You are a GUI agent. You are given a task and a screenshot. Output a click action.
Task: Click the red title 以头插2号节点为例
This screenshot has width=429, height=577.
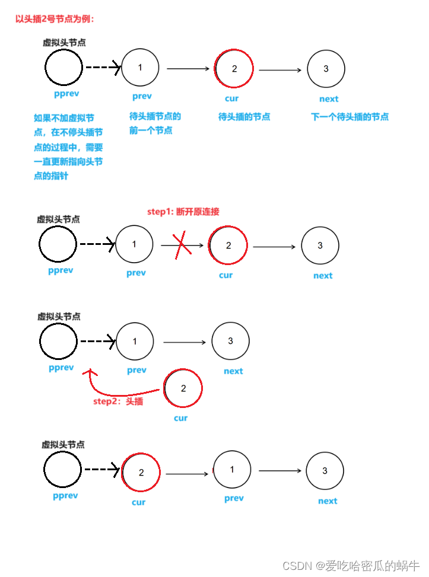point(55,19)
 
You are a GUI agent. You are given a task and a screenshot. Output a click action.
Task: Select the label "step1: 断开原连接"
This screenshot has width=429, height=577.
point(183,212)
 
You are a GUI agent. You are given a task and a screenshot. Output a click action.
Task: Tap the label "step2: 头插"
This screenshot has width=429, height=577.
point(118,401)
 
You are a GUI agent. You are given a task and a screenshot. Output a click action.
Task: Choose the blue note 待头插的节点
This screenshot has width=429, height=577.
point(244,117)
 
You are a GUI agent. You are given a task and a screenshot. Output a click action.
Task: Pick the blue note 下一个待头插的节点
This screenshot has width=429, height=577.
point(349,117)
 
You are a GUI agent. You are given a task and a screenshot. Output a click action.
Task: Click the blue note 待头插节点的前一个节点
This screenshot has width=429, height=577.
point(155,123)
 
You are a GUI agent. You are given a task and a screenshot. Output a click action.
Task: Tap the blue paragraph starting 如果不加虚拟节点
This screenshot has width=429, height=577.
point(68,147)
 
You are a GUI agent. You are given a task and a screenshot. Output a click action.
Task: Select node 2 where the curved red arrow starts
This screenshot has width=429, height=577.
point(183,388)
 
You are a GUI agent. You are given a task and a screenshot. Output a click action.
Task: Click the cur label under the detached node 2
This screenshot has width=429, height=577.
point(181,418)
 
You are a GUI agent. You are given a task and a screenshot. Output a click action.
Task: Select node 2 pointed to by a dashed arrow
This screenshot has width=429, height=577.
point(141,473)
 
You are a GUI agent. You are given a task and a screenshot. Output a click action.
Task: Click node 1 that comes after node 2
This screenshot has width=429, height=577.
point(232,470)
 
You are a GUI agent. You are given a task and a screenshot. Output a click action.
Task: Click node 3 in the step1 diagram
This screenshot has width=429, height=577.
point(320,245)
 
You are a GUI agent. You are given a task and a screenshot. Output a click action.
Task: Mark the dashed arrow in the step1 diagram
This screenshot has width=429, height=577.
point(97,244)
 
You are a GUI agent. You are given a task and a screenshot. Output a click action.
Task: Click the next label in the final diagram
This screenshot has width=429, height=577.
point(328,501)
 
